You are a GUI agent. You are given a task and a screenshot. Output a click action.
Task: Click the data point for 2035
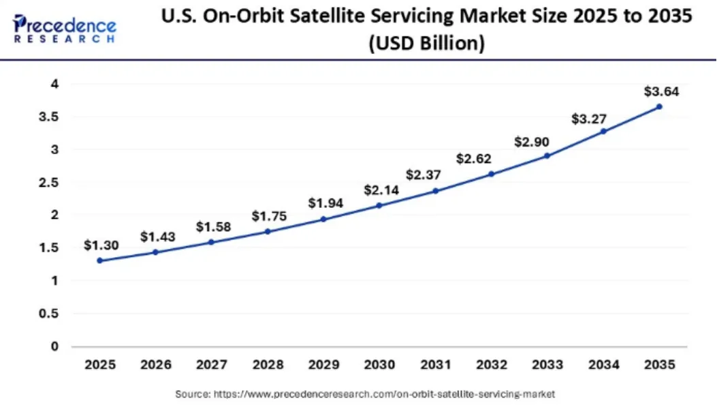[658, 106]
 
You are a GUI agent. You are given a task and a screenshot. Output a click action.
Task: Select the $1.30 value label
[101, 245]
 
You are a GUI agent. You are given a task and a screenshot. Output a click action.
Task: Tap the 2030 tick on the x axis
[379, 365]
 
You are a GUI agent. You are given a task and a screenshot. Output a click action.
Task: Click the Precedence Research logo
[65, 28]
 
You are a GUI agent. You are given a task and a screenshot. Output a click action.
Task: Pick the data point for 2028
[268, 231]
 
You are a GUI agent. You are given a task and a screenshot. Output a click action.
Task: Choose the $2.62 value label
[473, 159]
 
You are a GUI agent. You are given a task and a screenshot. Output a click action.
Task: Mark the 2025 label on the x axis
[100, 365]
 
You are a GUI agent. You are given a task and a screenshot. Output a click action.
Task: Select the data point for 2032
[491, 174]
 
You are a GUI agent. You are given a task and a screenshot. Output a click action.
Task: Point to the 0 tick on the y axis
[54, 346]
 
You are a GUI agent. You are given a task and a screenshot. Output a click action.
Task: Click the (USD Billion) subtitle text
[426, 44]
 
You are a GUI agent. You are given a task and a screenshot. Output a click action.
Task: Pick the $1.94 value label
[325, 202]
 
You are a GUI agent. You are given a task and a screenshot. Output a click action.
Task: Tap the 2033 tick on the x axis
[547, 365]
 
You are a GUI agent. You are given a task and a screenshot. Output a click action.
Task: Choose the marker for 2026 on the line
[156, 252]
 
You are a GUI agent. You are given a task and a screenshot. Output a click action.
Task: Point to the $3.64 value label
[660, 91]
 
